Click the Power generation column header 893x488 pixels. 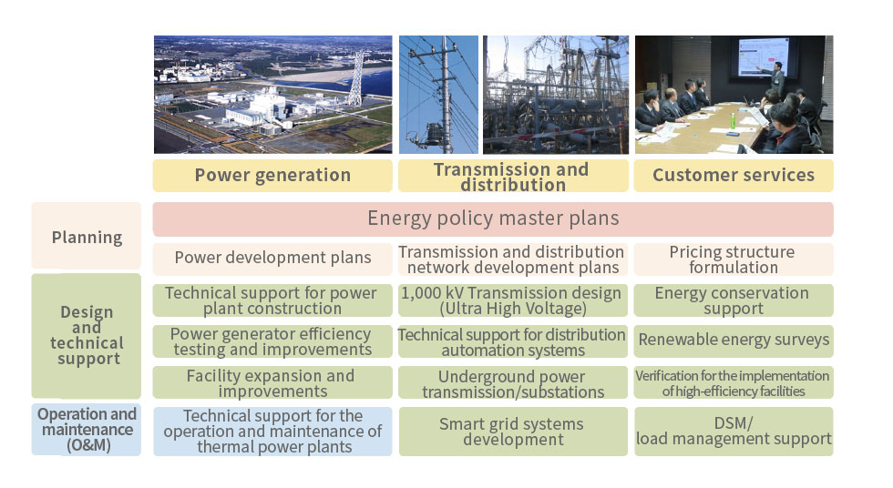[x=272, y=175]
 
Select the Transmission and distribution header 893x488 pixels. [x=513, y=175]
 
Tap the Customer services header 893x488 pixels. [x=734, y=175]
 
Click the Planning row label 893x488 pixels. [x=86, y=236]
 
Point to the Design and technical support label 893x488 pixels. [x=86, y=336]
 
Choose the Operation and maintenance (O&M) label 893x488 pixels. [x=86, y=430]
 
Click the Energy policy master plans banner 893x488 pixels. [x=493, y=219]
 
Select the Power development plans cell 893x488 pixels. [x=272, y=259]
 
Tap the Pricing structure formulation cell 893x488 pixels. [x=734, y=259]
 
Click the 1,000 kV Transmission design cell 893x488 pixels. [x=513, y=300]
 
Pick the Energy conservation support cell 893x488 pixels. [x=734, y=300]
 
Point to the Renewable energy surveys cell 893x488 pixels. [x=734, y=341]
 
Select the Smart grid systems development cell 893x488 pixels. [x=513, y=432]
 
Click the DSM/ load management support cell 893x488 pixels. [x=734, y=432]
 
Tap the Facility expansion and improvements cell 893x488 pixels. [x=272, y=382]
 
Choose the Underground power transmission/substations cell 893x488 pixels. [x=513, y=382]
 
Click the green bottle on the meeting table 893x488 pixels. [x=733, y=120]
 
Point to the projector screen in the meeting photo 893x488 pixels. [x=764, y=56]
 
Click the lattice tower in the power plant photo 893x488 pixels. [x=356, y=78]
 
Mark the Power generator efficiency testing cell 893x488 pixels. [x=272, y=341]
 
